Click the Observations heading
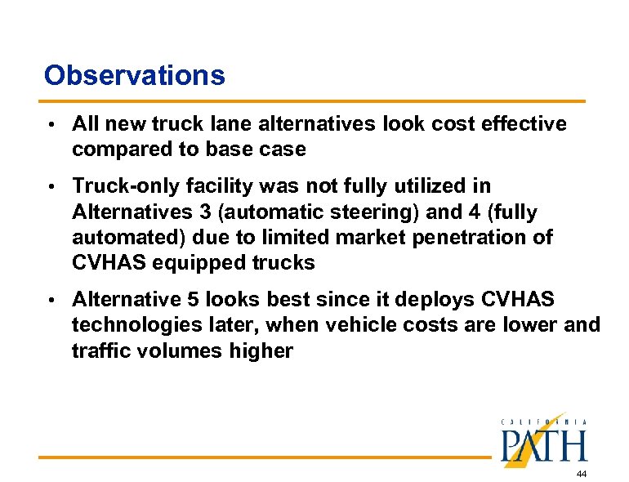[x=134, y=75]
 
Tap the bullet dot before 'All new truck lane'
[x=51, y=124]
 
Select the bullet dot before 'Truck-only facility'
[x=51, y=186]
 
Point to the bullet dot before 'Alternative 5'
[x=51, y=300]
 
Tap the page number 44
[x=581, y=474]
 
